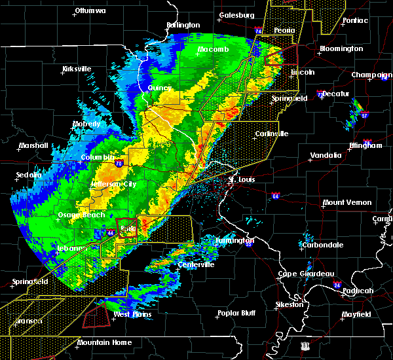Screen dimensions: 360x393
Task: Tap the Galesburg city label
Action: coord(236,14)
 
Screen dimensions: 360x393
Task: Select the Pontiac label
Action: coord(356,20)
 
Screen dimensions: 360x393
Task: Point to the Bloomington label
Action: coord(341,49)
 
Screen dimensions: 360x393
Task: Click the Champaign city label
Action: coord(372,75)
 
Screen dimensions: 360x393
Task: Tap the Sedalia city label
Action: coord(29,175)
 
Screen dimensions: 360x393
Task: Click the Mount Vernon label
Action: coord(347,203)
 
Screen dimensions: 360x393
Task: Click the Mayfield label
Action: coord(356,315)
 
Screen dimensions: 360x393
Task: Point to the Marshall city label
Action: coord(30,146)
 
